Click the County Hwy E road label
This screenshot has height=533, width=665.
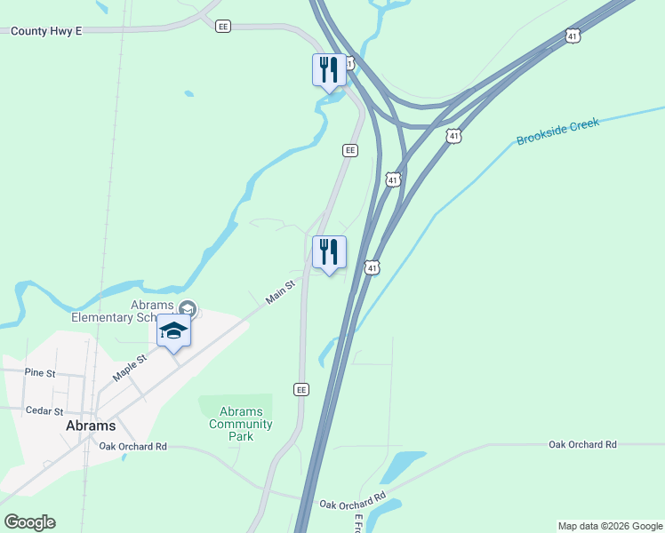point(46,30)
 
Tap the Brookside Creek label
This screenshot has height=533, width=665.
point(558,130)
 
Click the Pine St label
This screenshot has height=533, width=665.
point(40,372)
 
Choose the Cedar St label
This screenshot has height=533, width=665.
point(44,411)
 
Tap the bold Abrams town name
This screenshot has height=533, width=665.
point(91,426)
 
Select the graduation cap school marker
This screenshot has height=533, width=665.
point(174,331)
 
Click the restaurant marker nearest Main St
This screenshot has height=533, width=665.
point(329,252)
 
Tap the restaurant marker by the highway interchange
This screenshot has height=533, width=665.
point(329,69)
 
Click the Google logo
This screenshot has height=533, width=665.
point(29,522)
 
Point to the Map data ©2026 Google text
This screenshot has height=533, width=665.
point(610,526)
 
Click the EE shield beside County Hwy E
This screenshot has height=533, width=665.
point(222,27)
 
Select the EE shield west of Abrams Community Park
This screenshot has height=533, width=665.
point(301,389)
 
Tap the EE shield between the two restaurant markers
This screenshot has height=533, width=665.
point(351,150)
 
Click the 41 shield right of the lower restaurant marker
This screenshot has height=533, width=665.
point(372,266)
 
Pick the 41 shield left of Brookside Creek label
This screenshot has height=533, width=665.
point(454,136)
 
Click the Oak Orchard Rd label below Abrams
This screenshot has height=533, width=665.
point(133,446)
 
